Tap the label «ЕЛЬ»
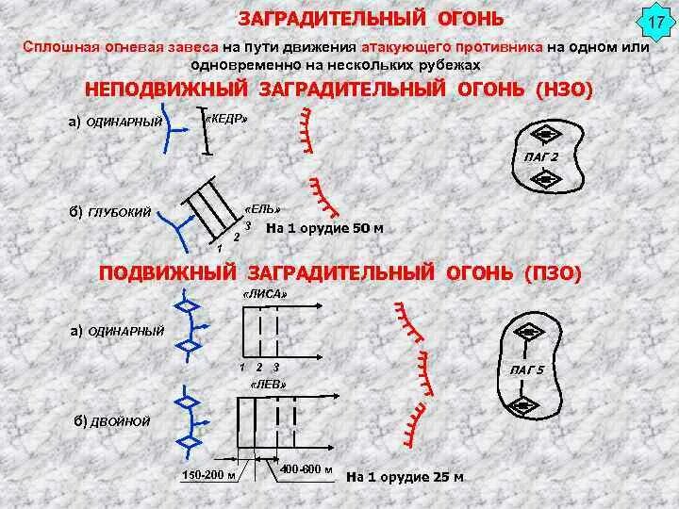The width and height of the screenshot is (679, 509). [263, 207]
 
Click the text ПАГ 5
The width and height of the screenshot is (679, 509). [526, 369]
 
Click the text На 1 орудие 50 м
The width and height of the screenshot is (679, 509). [324, 228]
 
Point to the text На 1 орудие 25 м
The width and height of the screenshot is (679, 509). [406, 476]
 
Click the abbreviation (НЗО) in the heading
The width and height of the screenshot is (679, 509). [562, 90]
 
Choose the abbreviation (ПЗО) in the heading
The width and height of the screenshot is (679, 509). [552, 272]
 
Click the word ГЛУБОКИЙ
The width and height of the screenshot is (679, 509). [119, 213]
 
